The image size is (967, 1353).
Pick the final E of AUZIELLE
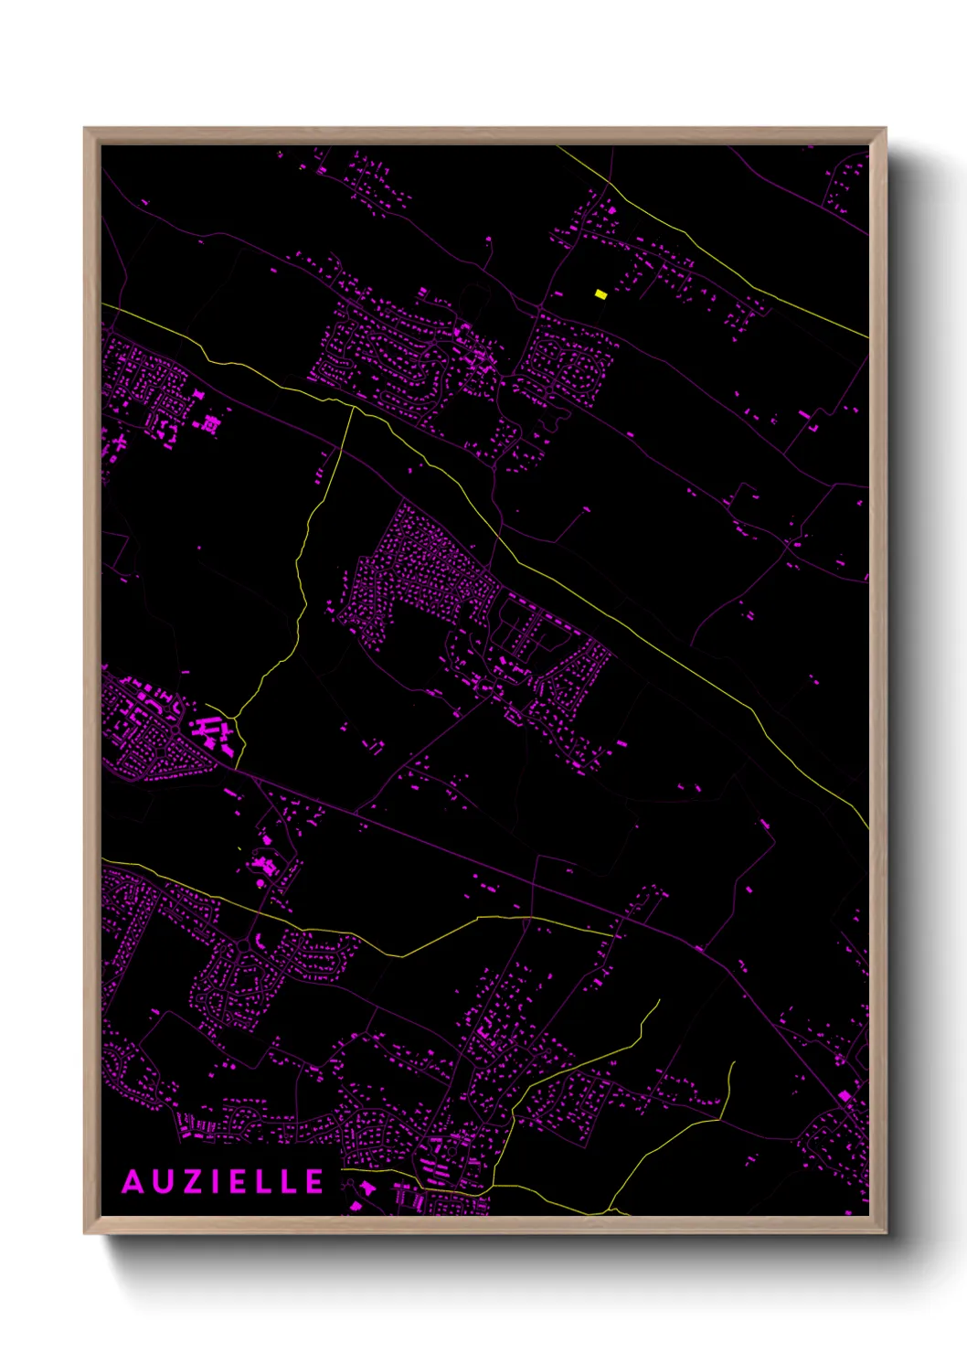point(314,1182)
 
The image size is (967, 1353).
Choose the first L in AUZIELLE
point(268,1182)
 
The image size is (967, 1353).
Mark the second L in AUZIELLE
point(291,1182)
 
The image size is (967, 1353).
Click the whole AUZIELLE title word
point(223,1182)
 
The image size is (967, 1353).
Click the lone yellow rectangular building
point(600,294)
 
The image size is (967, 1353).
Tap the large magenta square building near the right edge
point(845,1095)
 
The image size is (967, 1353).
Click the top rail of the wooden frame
point(484,136)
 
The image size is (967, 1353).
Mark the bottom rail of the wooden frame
point(484,1225)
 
